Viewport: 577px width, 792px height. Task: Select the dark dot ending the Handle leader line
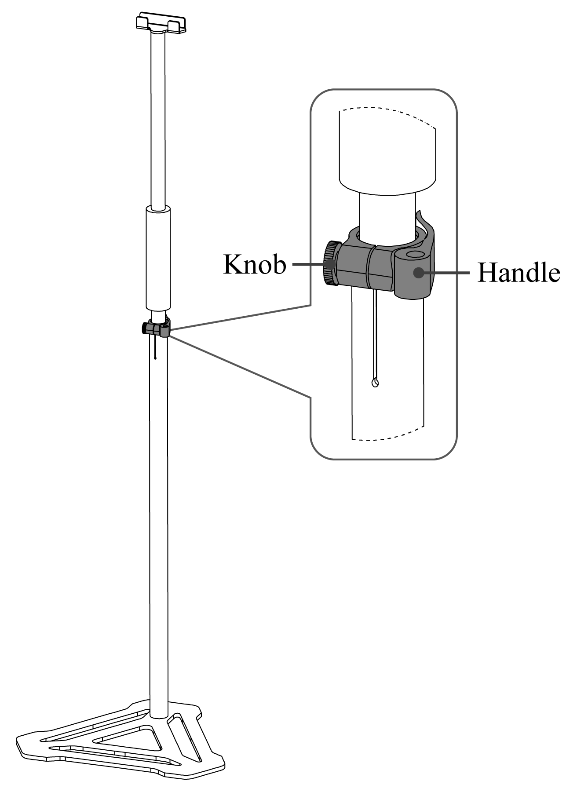(x=418, y=273)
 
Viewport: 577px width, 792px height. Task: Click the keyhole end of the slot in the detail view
(x=375, y=383)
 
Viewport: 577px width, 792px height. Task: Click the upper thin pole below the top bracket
(x=158, y=119)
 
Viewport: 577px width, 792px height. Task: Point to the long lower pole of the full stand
(x=158, y=528)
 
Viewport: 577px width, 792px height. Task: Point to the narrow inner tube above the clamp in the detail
(x=387, y=215)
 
